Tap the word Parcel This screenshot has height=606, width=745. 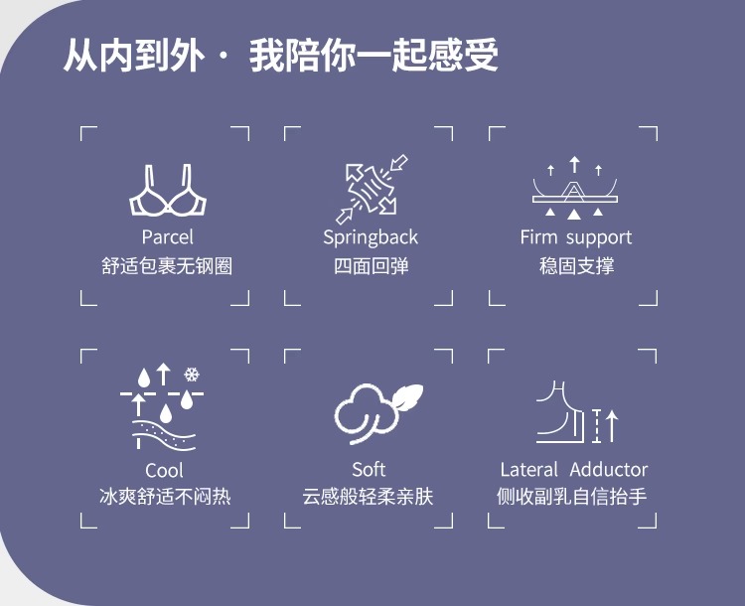tap(167, 237)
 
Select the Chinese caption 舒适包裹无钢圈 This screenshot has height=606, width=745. tap(167, 266)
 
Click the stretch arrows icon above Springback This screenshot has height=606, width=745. tap(371, 189)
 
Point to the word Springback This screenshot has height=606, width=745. tap(371, 238)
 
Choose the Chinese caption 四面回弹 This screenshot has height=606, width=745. tap(371, 266)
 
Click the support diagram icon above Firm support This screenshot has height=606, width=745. tap(574, 189)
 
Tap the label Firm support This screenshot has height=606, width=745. tap(575, 237)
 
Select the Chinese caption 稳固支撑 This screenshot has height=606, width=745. tap(576, 266)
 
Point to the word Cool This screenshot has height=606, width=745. tap(165, 470)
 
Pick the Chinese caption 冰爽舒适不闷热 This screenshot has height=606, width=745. tap(165, 496)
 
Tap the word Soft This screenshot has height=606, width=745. tap(369, 469)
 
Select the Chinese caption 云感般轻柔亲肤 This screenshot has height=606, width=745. tap(369, 496)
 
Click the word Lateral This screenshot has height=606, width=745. tap(531, 470)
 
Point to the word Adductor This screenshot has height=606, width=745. tap(609, 470)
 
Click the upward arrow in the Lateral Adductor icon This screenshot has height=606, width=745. tap(612, 424)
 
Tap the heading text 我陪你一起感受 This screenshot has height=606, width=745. tap(373, 56)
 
